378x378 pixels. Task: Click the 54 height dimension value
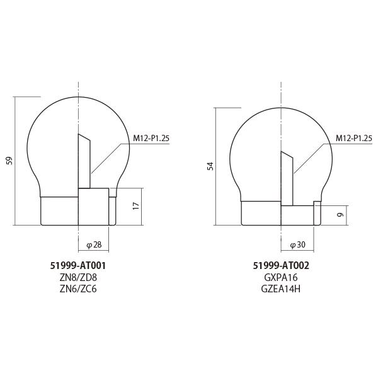[211, 166]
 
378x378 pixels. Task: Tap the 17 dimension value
[136, 206]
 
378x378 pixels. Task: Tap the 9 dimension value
[340, 214]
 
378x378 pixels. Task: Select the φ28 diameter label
[94, 244]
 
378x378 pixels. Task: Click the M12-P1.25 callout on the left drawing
[151, 138]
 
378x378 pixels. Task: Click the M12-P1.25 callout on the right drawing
[353, 138]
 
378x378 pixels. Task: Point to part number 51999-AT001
[78, 266]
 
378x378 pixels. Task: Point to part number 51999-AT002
[281, 266]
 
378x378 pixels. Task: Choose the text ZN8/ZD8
[78, 277]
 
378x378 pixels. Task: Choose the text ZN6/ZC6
[78, 289]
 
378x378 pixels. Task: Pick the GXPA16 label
[281, 277]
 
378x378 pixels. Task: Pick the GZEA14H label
[281, 289]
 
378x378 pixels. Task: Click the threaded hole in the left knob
[84, 164]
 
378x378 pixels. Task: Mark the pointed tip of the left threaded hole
[79, 135]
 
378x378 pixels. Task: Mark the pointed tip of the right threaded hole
[282, 151]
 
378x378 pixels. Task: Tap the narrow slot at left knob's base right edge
[112, 210]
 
